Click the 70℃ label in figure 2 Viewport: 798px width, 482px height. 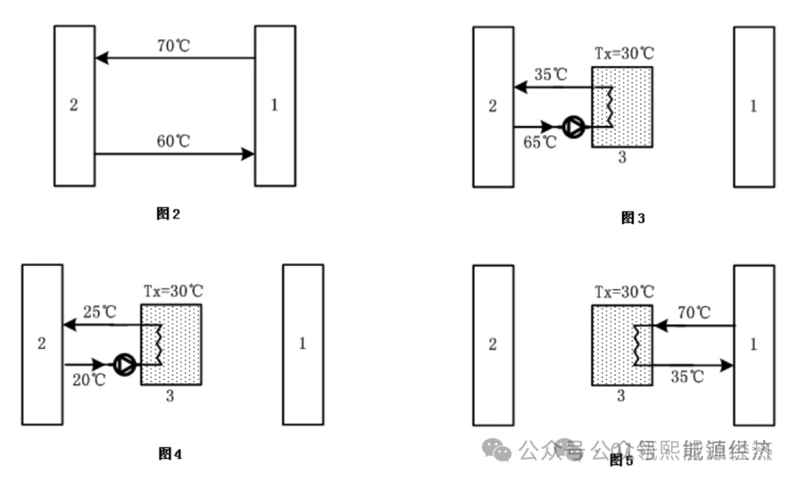[174, 46]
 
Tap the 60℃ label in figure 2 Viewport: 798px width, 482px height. [174, 142]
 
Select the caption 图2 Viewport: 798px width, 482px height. [168, 214]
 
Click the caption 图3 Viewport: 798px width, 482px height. [633, 218]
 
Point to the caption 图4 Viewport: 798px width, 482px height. [170, 453]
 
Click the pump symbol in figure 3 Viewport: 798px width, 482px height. [573, 127]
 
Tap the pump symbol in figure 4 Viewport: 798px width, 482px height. [125, 364]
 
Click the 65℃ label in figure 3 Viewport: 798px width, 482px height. [540, 142]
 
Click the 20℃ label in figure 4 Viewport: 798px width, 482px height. [89, 380]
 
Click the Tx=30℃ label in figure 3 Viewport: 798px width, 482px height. [624, 54]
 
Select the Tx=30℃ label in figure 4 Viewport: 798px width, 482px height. [174, 291]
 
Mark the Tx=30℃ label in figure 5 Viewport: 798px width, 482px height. [624, 292]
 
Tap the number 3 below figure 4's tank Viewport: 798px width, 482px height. [170, 396]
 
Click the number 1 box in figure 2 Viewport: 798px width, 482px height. [275, 106]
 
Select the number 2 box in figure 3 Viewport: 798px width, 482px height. [493, 106]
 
